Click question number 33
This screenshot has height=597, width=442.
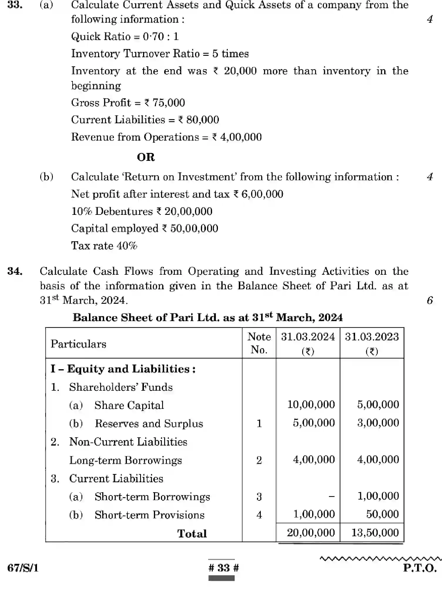pos(15,5)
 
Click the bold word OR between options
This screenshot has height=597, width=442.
pos(146,157)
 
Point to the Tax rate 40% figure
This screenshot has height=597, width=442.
pos(127,246)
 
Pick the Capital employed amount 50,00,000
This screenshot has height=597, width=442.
pos(194,229)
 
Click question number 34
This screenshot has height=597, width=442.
pos(15,271)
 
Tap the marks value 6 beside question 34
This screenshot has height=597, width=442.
pos(430,300)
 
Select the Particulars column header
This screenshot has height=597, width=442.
pos(78,344)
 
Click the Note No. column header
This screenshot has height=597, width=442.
pos(259,343)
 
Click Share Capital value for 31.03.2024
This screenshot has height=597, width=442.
pos(311,405)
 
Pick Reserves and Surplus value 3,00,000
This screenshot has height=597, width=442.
pos(378,423)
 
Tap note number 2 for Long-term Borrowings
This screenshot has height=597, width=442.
pos(259,460)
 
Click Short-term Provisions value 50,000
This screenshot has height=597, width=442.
pos(382,514)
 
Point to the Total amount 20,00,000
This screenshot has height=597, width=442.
pos(311,533)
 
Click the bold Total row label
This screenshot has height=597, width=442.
pos(192,534)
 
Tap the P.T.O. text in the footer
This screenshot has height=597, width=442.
pos(420,568)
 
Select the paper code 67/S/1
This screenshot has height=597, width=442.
pos(23,568)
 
